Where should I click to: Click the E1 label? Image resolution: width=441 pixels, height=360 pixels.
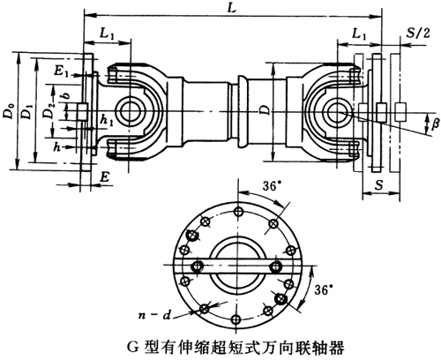click(60, 69)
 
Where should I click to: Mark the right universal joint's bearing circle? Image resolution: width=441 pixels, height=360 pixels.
click(338, 110)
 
